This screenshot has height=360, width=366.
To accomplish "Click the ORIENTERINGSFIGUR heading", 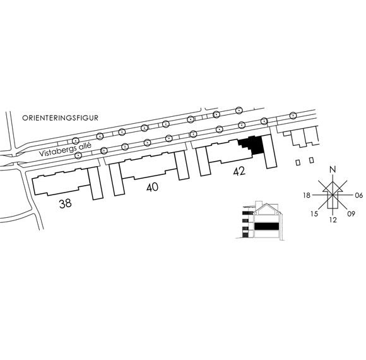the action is click(60, 117).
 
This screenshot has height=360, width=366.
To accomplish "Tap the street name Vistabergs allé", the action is click(65, 149).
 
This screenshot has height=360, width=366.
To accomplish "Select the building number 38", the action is click(66, 203).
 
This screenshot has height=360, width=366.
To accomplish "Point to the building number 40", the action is click(152, 187).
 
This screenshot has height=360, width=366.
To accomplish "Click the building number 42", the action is click(239, 171).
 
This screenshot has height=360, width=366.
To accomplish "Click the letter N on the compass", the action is click(333, 169).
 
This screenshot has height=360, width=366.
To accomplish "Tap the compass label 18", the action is click(307, 195).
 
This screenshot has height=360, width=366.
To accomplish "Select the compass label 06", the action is click(359, 195).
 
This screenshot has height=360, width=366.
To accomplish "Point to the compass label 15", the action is click(314, 213).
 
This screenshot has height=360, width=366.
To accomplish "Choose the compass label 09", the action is click(351, 213).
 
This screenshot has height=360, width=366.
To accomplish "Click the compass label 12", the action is click(333, 220).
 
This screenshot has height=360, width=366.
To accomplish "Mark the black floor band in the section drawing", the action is click(266, 226).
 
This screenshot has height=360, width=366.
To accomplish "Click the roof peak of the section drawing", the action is click(266, 204).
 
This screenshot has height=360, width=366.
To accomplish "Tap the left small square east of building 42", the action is click(298, 162).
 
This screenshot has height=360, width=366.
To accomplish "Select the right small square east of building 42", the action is click(311, 160).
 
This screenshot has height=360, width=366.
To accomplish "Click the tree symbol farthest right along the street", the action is click(293, 116).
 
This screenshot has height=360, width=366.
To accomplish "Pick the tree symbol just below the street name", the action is click(78, 155).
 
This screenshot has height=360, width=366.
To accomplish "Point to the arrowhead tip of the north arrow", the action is click(333, 181).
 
